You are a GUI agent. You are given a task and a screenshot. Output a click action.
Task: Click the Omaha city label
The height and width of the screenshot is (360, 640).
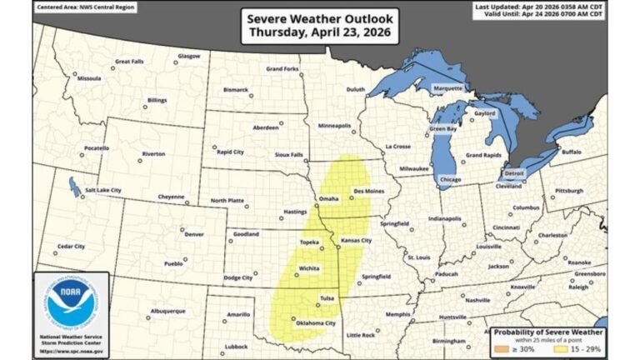pyautogui.click(x=329, y=198)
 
